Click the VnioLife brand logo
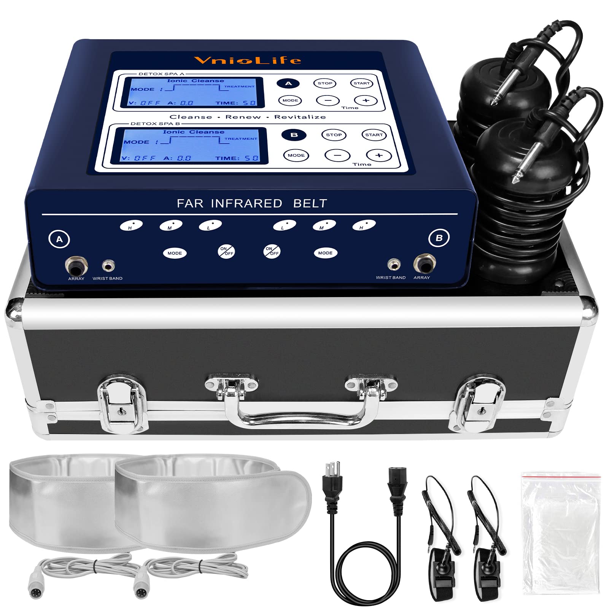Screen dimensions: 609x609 coord(247,60)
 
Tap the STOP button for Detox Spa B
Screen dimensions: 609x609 coord(334,135)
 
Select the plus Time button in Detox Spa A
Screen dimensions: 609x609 coord(366,100)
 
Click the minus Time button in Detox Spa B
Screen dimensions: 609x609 coord(337,155)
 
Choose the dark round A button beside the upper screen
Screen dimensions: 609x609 coord(288,83)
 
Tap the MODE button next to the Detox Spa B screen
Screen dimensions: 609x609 coord(296,155)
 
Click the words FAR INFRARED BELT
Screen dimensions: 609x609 coord(252,204)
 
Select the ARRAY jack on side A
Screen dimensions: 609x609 coord(76,266)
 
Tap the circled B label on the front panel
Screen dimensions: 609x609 coord(439,238)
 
